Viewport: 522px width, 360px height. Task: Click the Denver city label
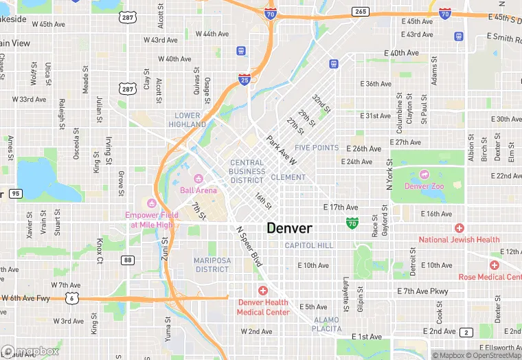tap(289, 228)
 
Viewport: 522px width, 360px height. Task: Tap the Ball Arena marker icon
tap(199, 179)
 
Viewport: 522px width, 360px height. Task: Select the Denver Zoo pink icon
tap(424, 175)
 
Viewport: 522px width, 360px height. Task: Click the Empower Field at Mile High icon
tap(151, 203)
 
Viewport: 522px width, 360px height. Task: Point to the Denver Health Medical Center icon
tap(262, 291)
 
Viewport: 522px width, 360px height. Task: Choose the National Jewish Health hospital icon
tap(459, 228)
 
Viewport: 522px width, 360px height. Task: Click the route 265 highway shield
tap(360, 12)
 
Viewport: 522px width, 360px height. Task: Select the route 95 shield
tap(16, 194)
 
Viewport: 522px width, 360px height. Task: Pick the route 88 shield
tap(127, 260)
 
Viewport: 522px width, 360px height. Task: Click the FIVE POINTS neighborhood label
tap(317, 148)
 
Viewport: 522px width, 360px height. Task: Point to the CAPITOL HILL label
tap(309, 245)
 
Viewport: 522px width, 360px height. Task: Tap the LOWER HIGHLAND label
tap(188, 120)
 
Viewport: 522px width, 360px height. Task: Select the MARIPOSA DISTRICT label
tap(212, 265)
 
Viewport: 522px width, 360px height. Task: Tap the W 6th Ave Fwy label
tap(26, 297)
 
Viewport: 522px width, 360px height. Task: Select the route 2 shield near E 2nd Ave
tap(466, 333)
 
